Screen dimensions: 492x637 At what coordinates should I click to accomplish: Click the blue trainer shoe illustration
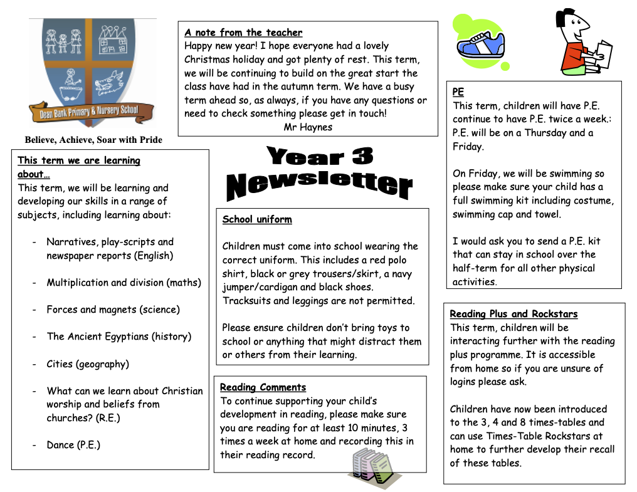tap(481, 45)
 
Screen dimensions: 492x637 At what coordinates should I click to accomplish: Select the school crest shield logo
tap(92, 69)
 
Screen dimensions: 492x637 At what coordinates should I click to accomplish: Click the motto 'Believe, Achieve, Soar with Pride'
tap(93, 140)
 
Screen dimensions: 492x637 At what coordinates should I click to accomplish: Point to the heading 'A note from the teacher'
tap(243, 33)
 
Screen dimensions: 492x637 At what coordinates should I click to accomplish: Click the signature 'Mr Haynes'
tap(308, 127)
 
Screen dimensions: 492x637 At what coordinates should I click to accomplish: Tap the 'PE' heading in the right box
tap(458, 92)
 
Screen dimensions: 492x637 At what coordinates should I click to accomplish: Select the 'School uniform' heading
tap(257, 219)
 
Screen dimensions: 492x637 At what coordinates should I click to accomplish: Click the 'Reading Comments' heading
tap(263, 387)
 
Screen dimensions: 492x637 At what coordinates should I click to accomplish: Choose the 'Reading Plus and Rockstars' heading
tap(513, 314)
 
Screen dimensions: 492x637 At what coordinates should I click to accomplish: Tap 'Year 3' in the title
tap(320, 156)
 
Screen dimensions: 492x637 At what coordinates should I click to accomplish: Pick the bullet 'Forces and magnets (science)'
tap(113, 310)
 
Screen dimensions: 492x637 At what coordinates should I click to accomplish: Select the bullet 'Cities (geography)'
tap(88, 364)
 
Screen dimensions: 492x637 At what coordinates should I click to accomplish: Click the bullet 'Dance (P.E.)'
tap(73, 446)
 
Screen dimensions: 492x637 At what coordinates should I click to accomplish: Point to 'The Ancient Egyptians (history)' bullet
tap(118, 337)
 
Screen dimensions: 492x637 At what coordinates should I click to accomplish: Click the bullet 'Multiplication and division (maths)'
tap(124, 283)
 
